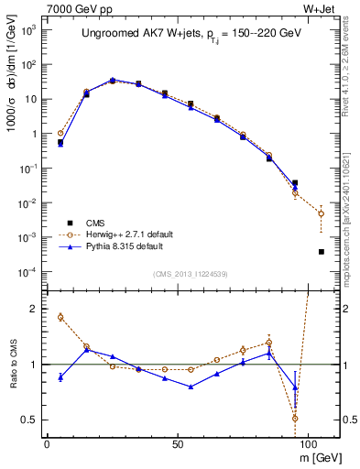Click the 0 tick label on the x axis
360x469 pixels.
(47, 442)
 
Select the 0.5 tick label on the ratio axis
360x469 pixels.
(28, 420)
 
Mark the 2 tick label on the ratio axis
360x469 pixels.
(32, 309)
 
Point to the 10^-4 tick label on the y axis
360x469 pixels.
(27, 272)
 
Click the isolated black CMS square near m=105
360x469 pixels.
(321, 252)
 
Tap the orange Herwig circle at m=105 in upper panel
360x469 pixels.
(321, 213)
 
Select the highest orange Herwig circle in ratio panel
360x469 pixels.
(60, 317)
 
